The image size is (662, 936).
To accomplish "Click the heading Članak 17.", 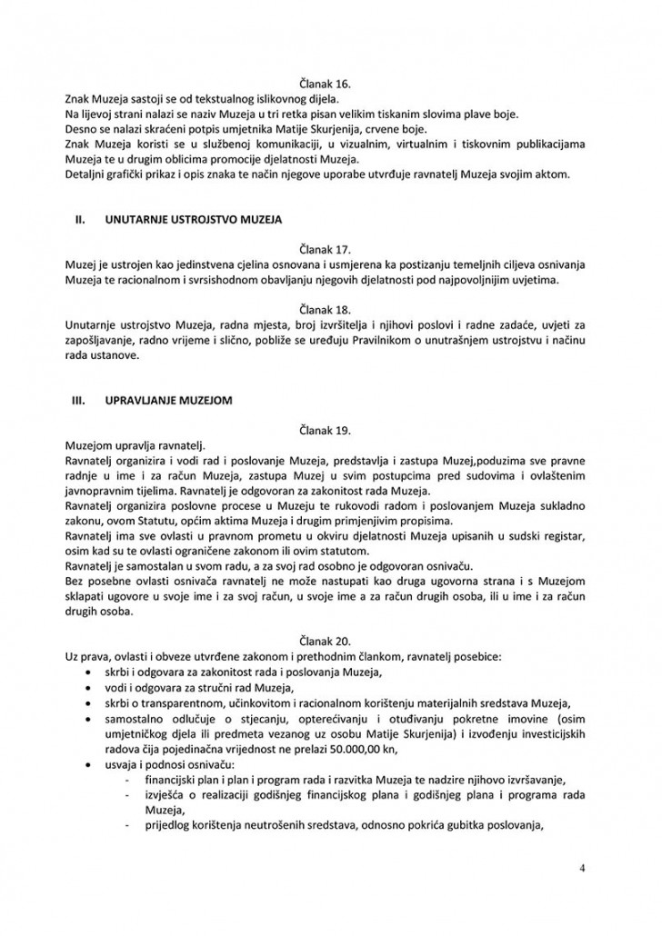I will [x=330, y=245].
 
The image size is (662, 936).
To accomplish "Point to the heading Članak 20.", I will [x=330, y=639].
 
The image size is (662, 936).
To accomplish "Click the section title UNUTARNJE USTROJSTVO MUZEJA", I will [x=194, y=220].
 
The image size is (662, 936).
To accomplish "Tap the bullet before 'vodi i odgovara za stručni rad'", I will [x=87, y=688].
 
